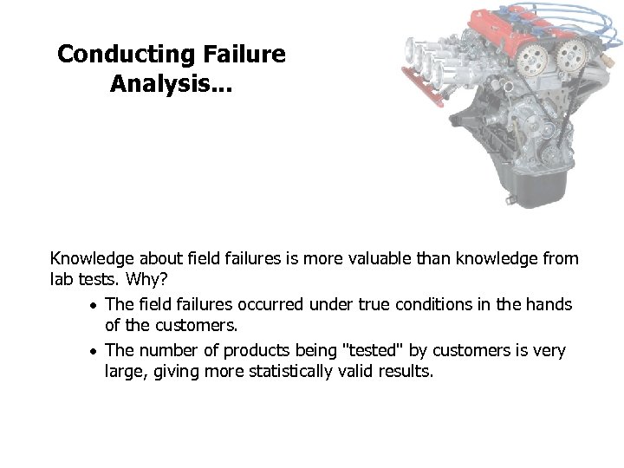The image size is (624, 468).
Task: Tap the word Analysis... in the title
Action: tap(171, 84)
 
